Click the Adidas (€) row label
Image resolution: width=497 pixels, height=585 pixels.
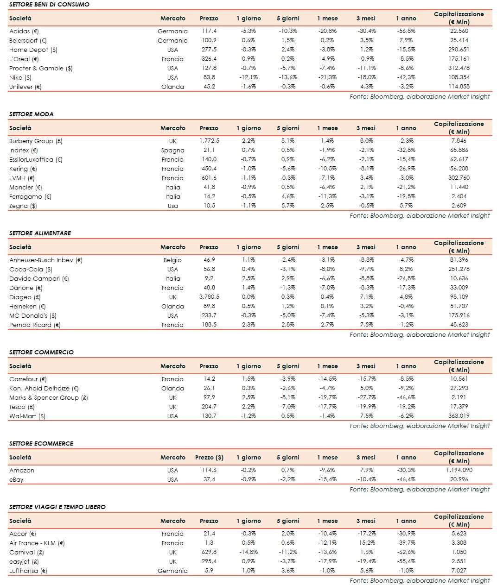pos(24,31)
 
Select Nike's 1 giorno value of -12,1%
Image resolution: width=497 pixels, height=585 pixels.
pos(248,78)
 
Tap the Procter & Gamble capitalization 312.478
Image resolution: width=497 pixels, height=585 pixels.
pos(459,68)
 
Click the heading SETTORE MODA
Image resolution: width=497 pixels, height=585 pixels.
pos(32,114)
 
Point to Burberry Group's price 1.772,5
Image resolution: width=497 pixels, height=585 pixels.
pos(209,141)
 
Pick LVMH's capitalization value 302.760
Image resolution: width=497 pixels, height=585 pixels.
pos(459,178)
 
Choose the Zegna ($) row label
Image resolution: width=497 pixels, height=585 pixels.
pos(23,206)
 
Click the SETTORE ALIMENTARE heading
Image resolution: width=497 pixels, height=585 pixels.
pos(40,233)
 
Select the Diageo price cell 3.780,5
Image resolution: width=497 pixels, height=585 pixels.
pos(209,297)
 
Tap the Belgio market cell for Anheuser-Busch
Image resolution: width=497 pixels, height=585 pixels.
pos(172,260)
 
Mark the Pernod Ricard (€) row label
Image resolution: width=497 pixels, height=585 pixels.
pos(35,325)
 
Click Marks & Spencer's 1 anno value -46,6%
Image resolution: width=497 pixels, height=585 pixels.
pos(406,397)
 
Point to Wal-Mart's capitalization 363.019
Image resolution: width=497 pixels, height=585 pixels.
pos(459,416)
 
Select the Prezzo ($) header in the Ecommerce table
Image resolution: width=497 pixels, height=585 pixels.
pos(209,458)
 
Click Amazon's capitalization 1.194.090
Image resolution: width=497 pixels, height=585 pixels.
pos(459,470)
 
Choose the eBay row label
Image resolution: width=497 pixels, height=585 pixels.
pos(16,480)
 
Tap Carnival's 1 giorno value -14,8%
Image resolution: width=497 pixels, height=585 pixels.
pos(248,552)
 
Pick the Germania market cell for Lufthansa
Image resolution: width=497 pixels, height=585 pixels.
pos(172,571)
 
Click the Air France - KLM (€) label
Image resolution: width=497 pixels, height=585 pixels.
pos(37,543)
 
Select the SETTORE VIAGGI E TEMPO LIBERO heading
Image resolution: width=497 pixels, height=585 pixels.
pos(57,507)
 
